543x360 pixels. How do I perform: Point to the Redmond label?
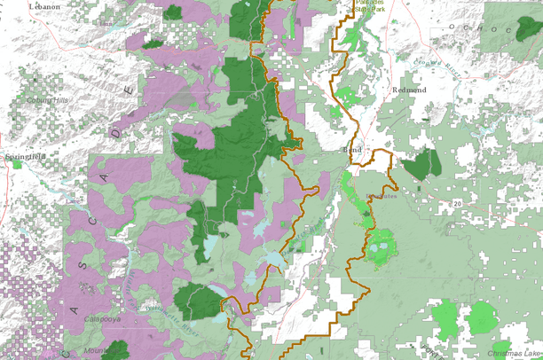point(410,90)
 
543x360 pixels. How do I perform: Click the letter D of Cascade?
point(114,131)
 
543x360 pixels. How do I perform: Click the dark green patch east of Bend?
point(421,165)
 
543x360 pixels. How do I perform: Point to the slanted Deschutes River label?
point(304,233)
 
